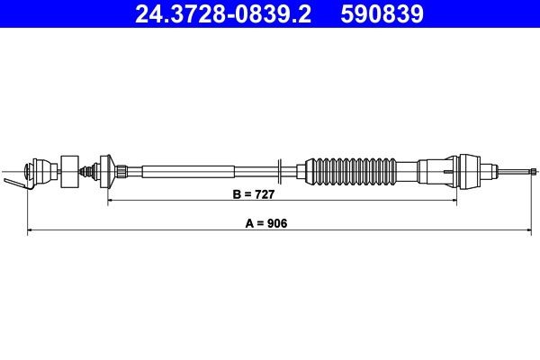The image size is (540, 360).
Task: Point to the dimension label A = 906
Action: point(258,224)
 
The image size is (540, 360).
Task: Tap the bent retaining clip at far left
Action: point(16,184)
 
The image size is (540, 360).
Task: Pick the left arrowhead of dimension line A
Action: point(31,231)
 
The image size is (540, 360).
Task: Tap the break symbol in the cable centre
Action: point(282,169)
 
